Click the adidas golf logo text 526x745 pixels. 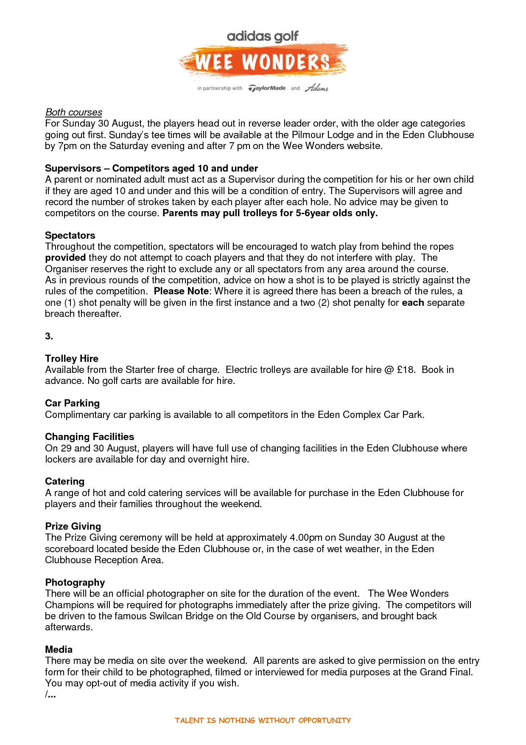[263, 37]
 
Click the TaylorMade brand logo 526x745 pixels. [267, 88]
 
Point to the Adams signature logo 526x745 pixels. [316, 88]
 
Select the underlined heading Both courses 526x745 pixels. [74, 113]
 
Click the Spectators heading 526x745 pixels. [70, 236]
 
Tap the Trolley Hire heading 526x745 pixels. [72, 359]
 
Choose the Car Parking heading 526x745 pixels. [72, 404]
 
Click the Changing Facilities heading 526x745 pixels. [90, 437]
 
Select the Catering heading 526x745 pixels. [64, 482]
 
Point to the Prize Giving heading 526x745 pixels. [73, 527]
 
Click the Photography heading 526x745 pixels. [75, 583]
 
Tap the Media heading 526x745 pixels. [59, 650]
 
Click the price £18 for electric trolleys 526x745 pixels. [406, 370]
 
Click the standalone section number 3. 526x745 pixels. [49, 336]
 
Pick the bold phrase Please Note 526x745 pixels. [181, 291]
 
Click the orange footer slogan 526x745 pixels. [263, 720]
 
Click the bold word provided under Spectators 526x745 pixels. [65, 258]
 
